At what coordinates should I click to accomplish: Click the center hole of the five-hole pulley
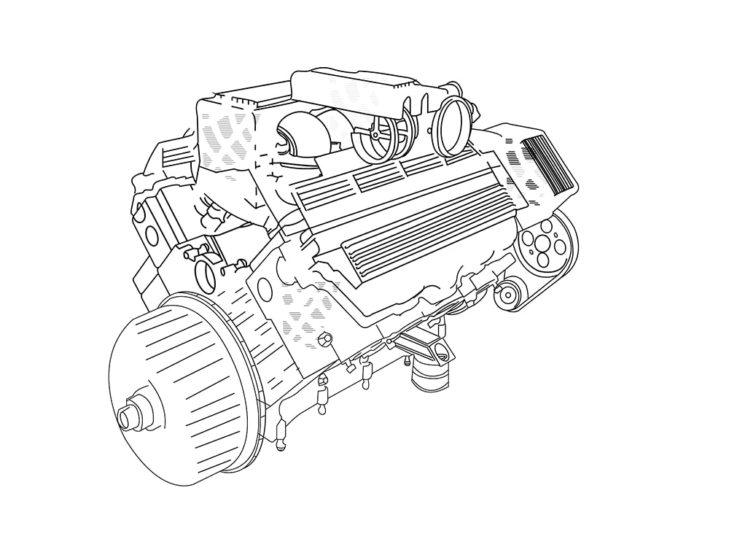[543, 243]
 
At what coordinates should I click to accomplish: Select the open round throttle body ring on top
[451, 125]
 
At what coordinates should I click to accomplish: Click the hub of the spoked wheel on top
[375, 136]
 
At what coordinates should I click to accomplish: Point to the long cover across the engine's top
[364, 91]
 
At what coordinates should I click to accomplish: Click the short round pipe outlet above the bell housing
[206, 273]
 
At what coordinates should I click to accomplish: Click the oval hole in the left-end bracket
[152, 235]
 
